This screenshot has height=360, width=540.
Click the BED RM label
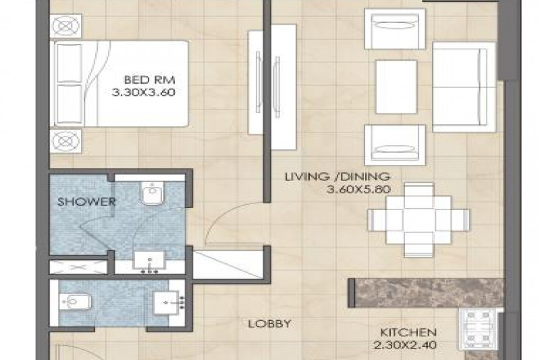[x=149, y=80]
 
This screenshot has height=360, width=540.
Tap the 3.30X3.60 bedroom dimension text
[x=144, y=93]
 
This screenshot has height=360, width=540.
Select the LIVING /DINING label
[x=337, y=177]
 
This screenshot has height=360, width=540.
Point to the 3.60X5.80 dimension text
[x=358, y=190]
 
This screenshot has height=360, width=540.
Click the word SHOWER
[x=86, y=201]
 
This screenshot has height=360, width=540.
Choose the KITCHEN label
[x=408, y=332]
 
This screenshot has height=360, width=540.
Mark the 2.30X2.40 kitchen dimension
[x=406, y=345]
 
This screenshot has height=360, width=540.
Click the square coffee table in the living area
[x=396, y=87]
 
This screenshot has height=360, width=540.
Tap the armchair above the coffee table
[x=395, y=29]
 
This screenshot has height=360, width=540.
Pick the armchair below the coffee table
[x=395, y=145]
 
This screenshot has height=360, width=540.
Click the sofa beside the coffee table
[x=464, y=87]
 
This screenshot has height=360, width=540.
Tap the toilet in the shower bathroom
[x=153, y=193]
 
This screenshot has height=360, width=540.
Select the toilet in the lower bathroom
[x=76, y=302]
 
